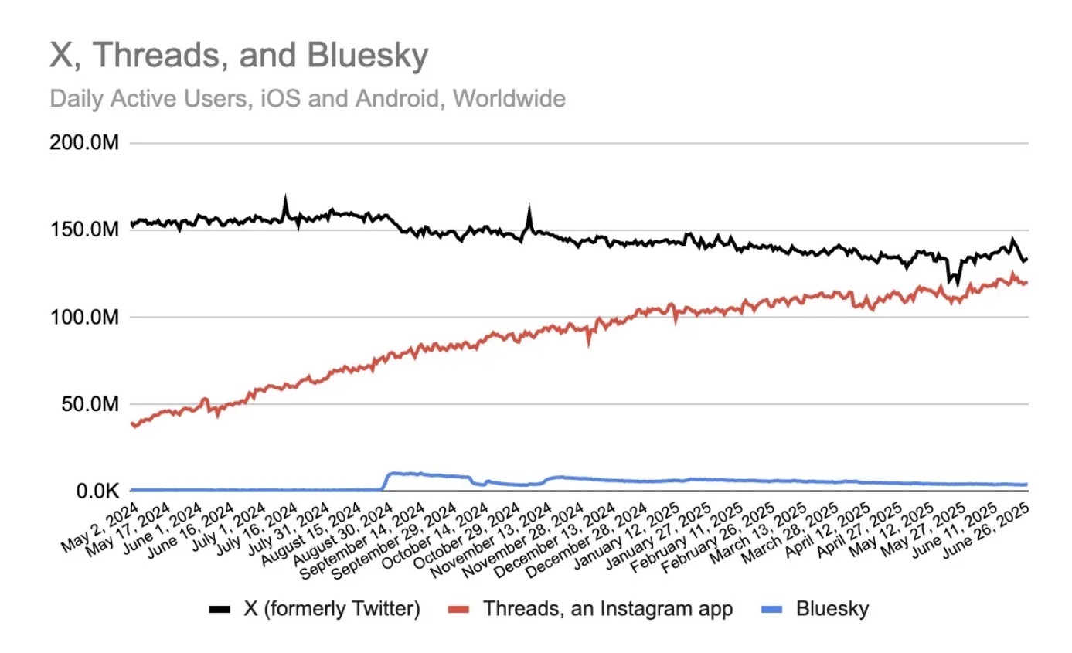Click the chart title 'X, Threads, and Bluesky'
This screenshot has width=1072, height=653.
[239, 56]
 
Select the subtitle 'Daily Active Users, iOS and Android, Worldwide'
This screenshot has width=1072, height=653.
[307, 99]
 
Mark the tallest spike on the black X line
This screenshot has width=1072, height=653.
[285, 198]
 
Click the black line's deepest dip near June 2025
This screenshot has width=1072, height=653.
[957, 284]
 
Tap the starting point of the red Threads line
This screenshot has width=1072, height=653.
[133, 423]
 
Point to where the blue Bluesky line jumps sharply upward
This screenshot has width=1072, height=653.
[385, 481]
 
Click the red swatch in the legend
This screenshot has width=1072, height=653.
[460, 610]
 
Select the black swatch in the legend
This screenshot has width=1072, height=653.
[220, 610]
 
